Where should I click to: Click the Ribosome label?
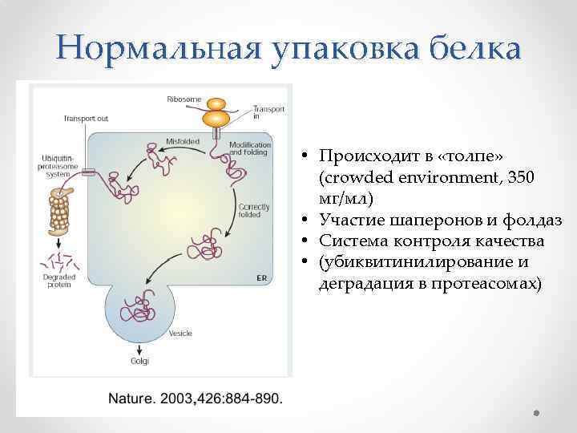click(x=184, y=99)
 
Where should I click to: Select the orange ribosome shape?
click(x=216, y=113)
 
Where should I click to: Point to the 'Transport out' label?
click(x=86, y=119)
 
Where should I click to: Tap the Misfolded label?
click(x=182, y=141)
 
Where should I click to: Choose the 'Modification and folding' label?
click(x=250, y=149)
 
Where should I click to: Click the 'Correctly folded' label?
click(x=248, y=210)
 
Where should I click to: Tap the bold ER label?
click(x=260, y=277)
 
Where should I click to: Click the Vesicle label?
click(x=180, y=333)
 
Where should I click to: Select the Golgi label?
click(x=139, y=361)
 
